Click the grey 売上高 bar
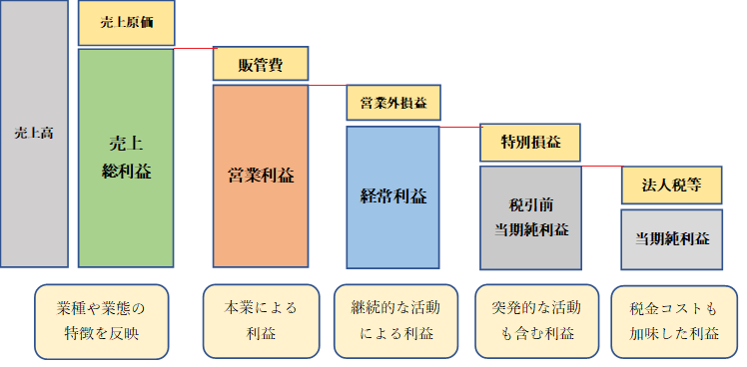34,134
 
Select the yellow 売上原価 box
127,23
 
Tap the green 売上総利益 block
126,158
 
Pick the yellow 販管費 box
260,65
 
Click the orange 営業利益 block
260,176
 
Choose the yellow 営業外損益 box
392,102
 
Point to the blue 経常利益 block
392,195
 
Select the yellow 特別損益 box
529,142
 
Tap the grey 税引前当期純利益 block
529,217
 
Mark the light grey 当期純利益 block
671,238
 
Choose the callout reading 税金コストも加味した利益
674,321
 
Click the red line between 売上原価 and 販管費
194,47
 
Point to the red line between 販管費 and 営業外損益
327,86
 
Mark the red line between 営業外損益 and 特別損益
459,127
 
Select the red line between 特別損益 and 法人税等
601,167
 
